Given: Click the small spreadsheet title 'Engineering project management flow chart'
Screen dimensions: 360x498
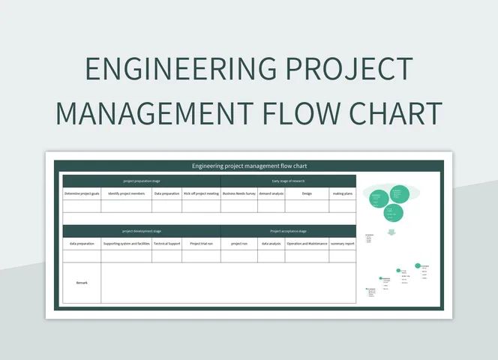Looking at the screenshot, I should coord(249,166).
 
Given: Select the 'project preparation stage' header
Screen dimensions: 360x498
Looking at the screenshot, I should coord(142,181).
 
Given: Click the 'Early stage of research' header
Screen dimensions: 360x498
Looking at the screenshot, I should coord(288,181).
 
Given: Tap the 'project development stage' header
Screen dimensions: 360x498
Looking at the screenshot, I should coord(142,231).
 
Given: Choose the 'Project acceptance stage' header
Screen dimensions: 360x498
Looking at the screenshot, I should coord(288,231).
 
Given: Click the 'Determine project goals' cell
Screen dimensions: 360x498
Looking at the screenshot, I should coord(82,193).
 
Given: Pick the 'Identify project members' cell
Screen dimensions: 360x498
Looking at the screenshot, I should coord(127,193).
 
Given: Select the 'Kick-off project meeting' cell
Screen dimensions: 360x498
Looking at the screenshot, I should coord(201,193).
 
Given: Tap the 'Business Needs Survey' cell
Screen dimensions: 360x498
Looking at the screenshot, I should coord(239,193).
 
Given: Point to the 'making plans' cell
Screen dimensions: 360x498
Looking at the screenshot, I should coord(343,193).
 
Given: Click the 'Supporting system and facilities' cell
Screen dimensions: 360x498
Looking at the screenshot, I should coord(127,244).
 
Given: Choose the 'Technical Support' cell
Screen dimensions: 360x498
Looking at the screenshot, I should coord(167,244).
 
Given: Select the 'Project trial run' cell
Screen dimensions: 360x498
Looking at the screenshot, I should coord(201,244).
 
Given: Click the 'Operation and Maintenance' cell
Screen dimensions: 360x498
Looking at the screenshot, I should coord(307,244).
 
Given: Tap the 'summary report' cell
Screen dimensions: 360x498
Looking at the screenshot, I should coord(343,244).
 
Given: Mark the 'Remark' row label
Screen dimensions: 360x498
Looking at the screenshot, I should coord(82,283).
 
